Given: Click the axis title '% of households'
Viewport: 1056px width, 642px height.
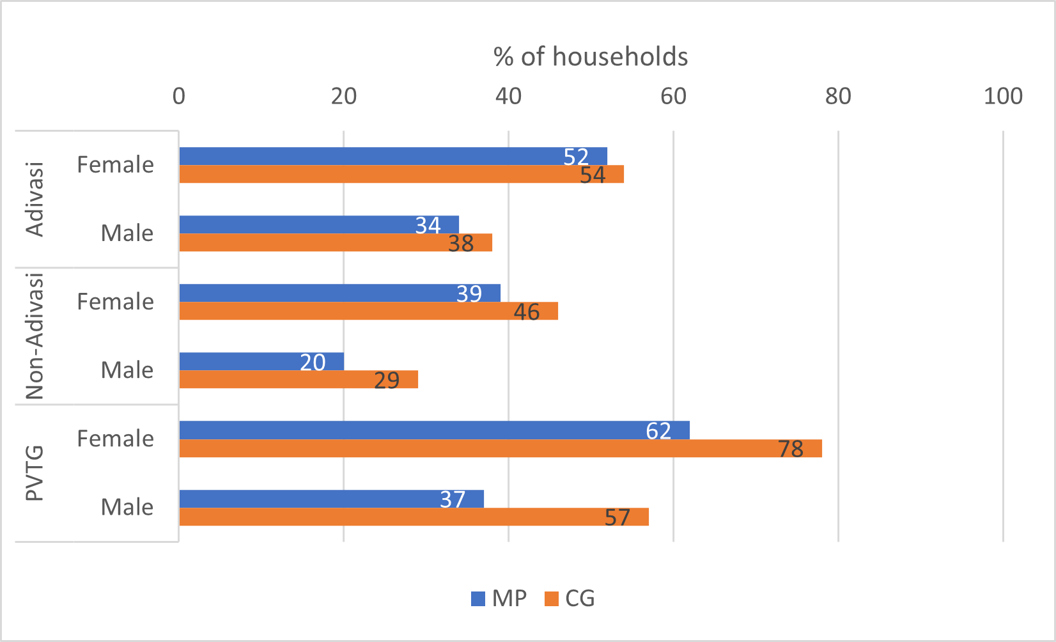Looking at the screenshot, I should tap(591, 57).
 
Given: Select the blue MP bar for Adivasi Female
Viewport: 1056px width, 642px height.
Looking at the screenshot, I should tap(384, 156).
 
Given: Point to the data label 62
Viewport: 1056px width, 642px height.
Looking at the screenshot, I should tap(658, 431).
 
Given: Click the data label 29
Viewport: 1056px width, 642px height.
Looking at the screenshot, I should tap(387, 380).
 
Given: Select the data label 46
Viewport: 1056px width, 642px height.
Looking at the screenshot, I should tap(527, 312).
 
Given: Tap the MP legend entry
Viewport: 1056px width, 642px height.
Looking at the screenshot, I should tap(499, 599).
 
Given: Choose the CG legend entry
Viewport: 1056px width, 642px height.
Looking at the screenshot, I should tap(570, 599).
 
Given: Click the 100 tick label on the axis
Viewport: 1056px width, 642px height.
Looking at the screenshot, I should tap(1003, 97).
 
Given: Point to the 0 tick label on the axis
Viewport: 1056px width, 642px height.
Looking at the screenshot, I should tap(179, 97).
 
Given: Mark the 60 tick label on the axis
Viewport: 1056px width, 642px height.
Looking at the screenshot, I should tap(673, 97).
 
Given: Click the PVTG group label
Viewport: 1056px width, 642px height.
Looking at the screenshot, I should tap(35, 473).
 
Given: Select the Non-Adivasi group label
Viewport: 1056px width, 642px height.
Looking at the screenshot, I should tap(35, 336).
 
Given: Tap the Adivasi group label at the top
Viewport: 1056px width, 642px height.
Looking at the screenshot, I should tap(35, 200).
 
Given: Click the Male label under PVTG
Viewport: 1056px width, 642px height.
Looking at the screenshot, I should tap(127, 507).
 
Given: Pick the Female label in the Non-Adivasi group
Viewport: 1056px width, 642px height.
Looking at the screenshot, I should tap(116, 302).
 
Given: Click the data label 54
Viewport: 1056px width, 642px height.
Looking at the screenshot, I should tap(593, 175).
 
